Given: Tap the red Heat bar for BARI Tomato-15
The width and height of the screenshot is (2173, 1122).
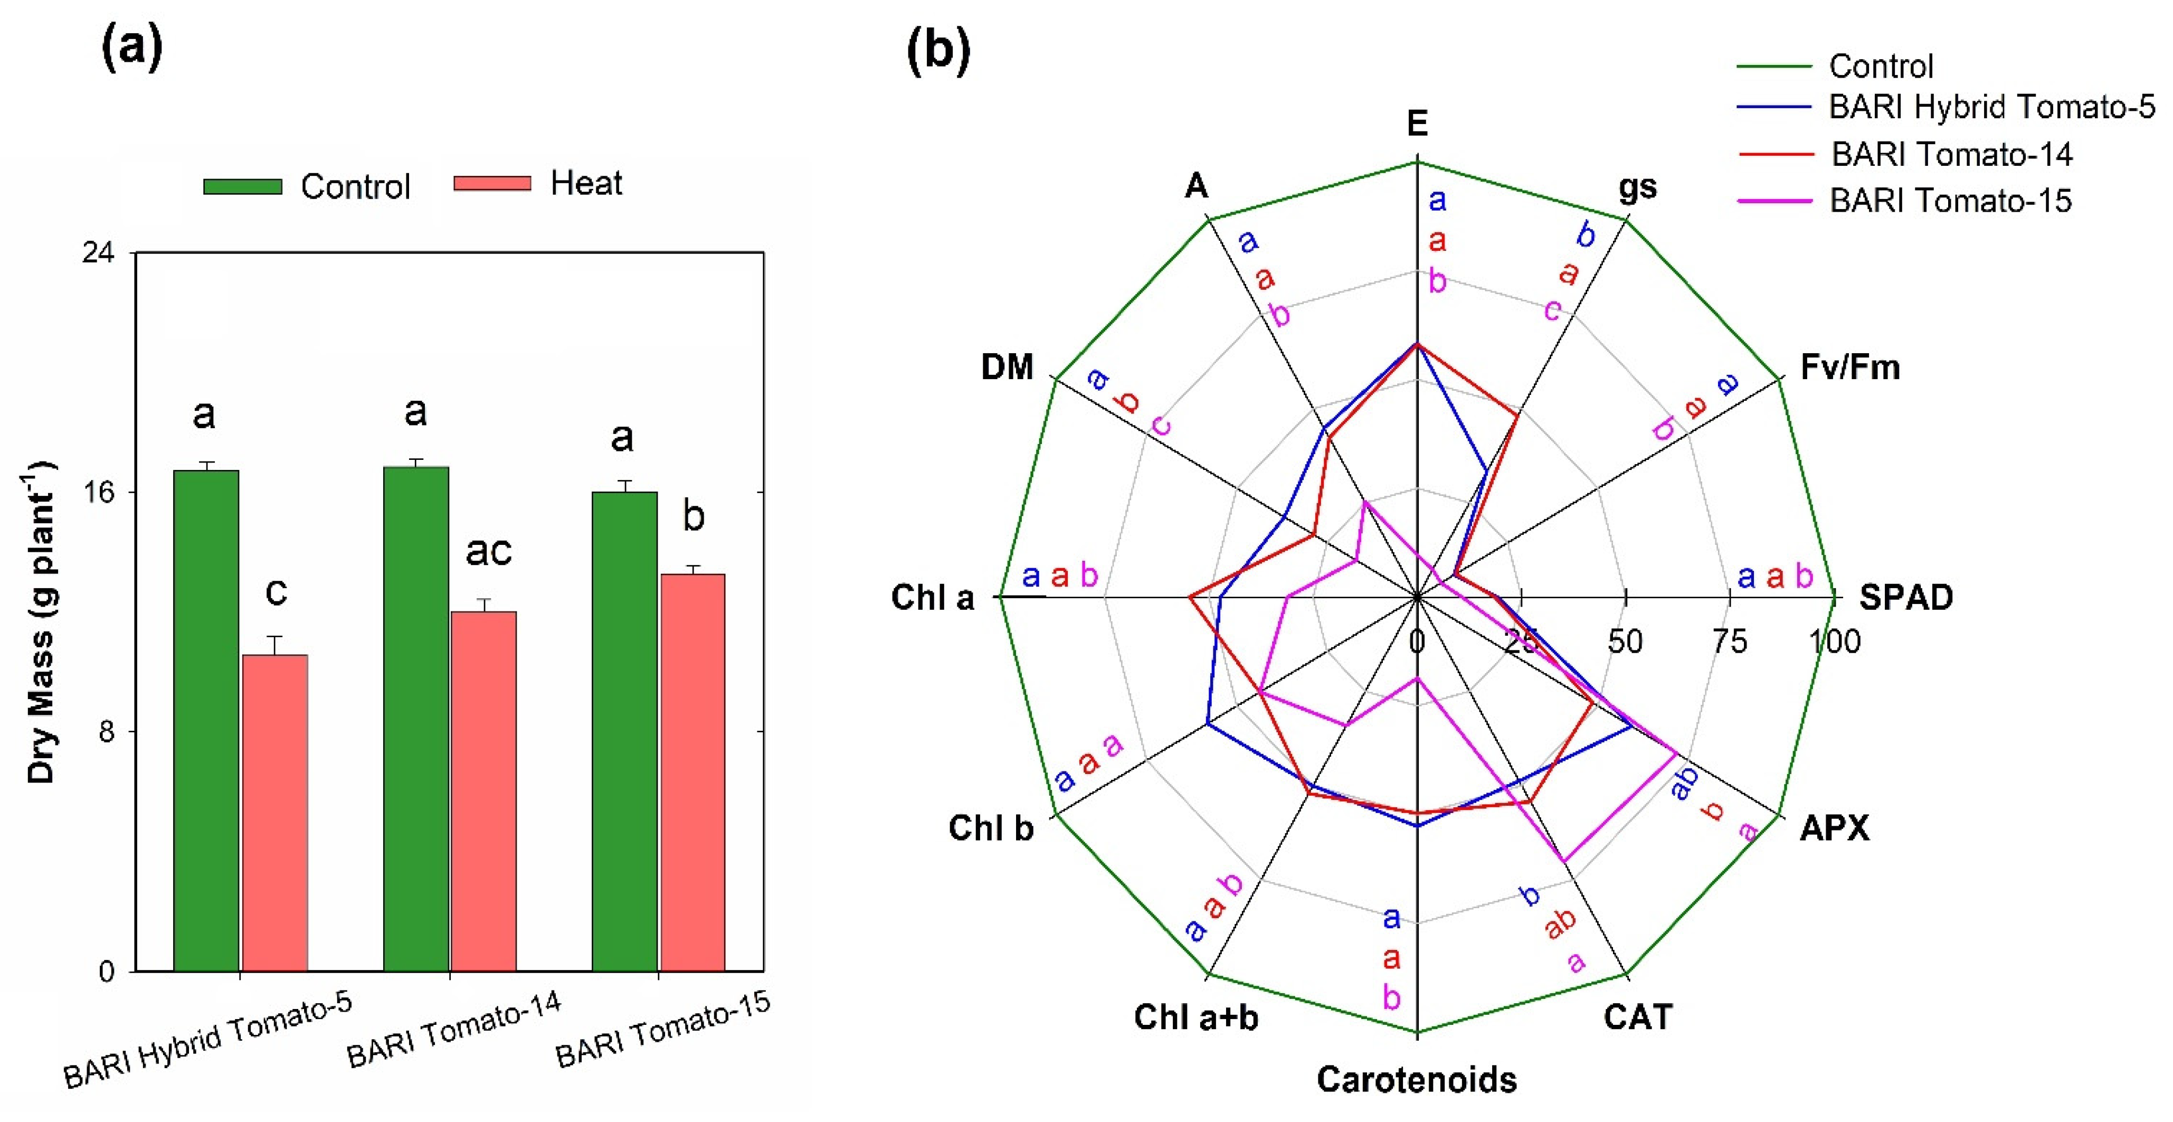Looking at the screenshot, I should click(x=692, y=772).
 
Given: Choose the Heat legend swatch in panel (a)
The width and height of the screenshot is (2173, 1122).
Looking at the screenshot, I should click(x=492, y=183).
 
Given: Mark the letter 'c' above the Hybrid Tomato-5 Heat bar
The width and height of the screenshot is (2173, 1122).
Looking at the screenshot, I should click(x=276, y=591).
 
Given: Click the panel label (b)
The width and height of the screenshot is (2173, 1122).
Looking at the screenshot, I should click(x=938, y=51).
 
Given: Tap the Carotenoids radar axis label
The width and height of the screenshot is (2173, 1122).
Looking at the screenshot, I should click(x=1416, y=1079).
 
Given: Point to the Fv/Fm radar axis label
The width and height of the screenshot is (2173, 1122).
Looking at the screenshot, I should click(x=1850, y=367).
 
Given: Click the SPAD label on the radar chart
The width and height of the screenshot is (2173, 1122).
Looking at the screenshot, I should click(x=1905, y=597).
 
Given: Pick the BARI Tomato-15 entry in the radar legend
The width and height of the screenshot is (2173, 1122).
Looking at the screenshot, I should click(x=1949, y=201).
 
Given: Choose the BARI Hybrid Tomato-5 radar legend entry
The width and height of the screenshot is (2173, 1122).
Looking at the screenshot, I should click(x=1991, y=107).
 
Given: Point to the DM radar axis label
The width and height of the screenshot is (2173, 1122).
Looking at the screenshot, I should click(x=1007, y=367).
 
